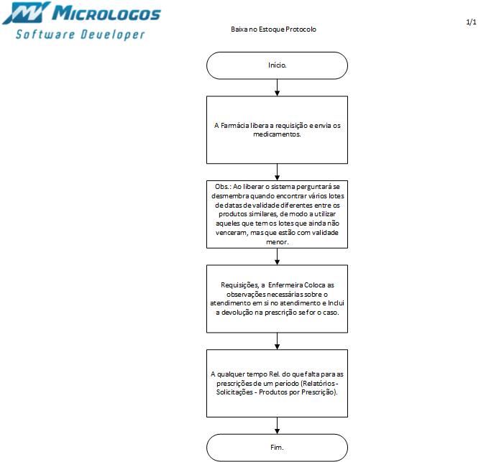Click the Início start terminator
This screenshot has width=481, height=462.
277,65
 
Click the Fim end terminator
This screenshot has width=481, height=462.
277,448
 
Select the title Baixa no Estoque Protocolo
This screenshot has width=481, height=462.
273,29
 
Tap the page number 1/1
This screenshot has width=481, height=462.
471,23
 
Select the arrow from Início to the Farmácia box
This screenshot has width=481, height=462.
277,87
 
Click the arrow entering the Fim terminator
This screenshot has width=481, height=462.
277,425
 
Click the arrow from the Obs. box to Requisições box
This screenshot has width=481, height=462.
277,255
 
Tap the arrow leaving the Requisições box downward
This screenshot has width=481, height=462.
277,341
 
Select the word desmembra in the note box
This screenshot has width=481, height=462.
226,195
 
